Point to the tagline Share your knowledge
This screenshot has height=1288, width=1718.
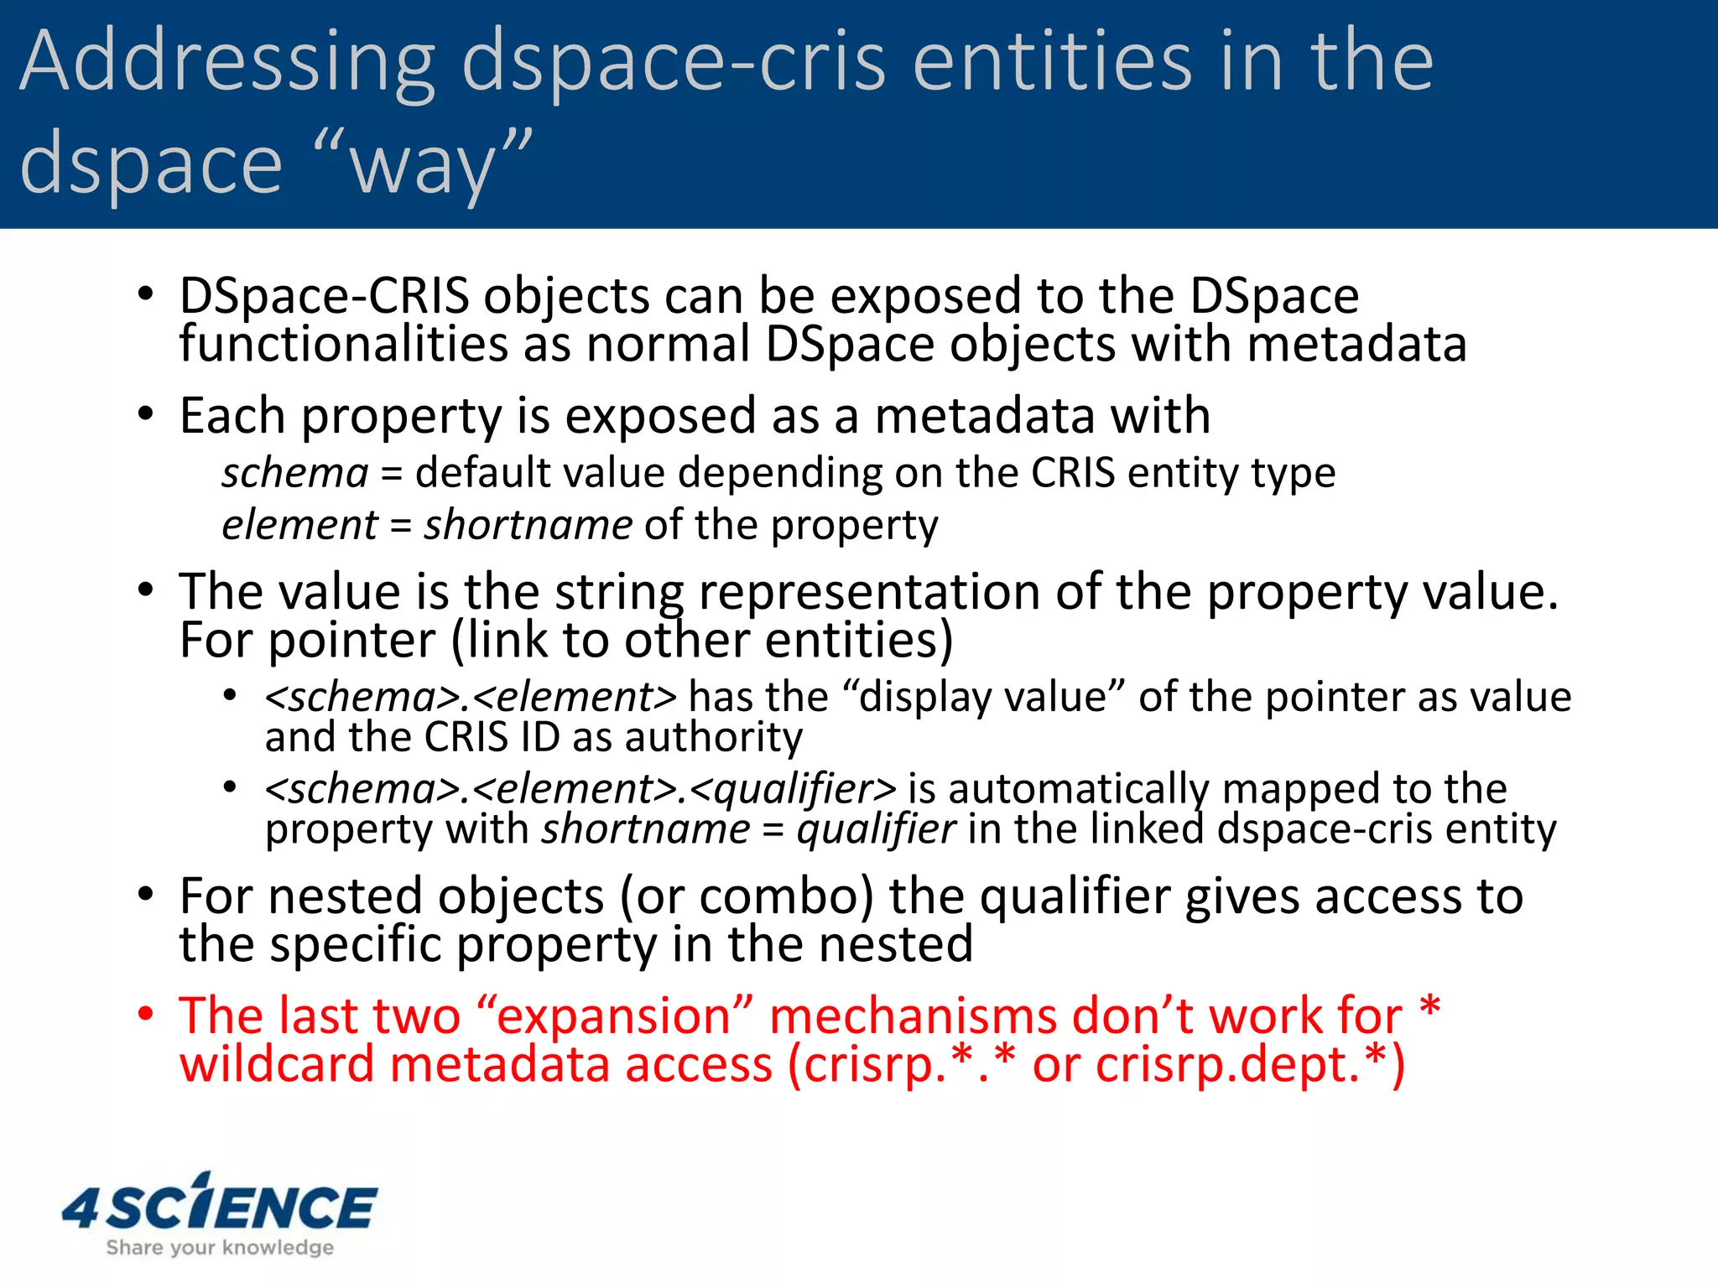pyautogui.click(x=220, y=1248)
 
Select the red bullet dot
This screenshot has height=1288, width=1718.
pyautogui.click(x=146, y=1015)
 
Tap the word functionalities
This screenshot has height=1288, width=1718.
pyautogui.click(x=344, y=344)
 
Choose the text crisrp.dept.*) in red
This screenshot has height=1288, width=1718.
pyautogui.click(x=1250, y=1065)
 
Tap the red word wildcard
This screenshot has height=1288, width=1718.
pyautogui.click(x=277, y=1065)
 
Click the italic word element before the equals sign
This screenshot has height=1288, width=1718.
pyautogui.click(x=299, y=526)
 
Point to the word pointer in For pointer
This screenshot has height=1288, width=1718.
pyautogui.click(x=353, y=641)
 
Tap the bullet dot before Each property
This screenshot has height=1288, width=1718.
pyautogui.click(x=146, y=414)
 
